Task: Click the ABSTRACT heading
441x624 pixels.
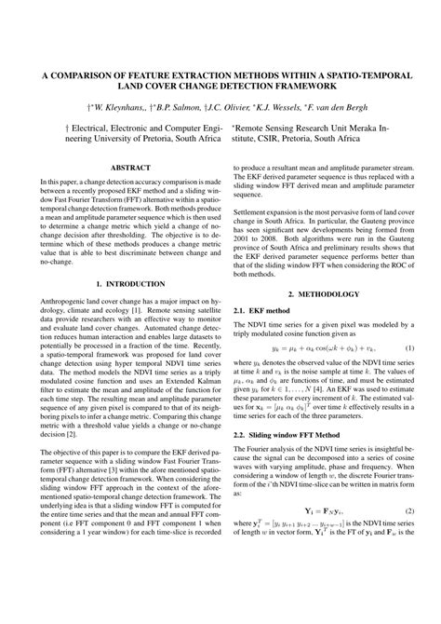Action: click(x=124, y=167)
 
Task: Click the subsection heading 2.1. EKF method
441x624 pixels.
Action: click(x=261, y=309)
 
